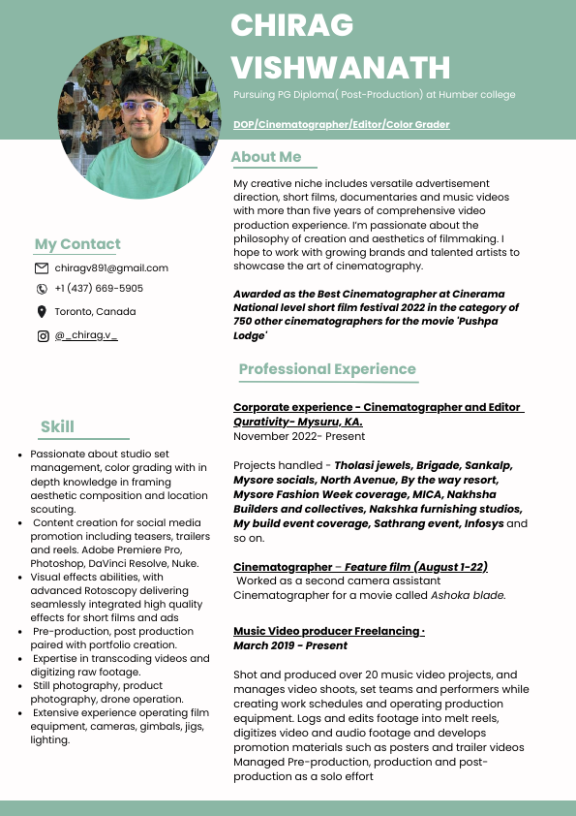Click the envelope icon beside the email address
point(42,267)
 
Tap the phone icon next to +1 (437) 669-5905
point(42,289)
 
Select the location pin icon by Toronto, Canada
point(42,312)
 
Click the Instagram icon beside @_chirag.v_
point(42,336)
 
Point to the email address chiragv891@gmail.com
point(111,267)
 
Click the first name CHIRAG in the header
point(291,25)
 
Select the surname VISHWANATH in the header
point(341,68)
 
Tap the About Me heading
point(266,157)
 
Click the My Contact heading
point(77,244)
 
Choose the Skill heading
point(57,426)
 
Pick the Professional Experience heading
point(327,369)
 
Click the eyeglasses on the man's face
point(141,105)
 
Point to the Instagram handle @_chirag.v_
point(86,336)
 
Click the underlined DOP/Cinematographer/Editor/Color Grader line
point(341,125)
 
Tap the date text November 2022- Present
point(286,436)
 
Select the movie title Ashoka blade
point(469,595)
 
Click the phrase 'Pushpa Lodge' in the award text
point(251,335)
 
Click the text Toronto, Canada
point(95,312)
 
